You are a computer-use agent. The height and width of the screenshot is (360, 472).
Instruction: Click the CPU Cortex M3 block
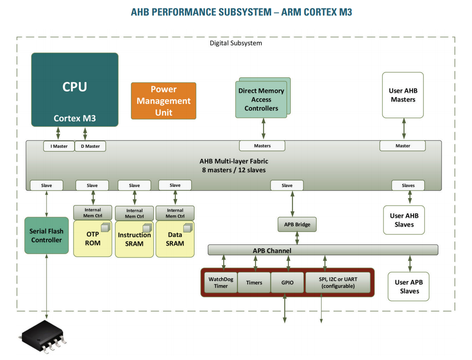click(x=75, y=90)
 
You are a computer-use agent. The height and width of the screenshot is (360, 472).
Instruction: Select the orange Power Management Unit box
click(x=163, y=101)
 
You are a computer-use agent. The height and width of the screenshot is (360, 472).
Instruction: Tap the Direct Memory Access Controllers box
click(x=261, y=99)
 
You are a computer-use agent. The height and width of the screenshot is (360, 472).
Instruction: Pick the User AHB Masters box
click(x=403, y=95)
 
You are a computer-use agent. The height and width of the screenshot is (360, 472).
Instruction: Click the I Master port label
click(x=59, y=146)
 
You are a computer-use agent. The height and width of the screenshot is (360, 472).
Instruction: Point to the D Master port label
click(x=90, y=146)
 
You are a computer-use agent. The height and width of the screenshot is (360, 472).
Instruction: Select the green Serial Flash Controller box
click(x=46, y=236)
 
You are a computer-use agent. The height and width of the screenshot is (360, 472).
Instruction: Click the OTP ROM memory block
click(x=93, y=238)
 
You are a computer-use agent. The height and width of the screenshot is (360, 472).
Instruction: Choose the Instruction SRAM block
click(x=134, y=239)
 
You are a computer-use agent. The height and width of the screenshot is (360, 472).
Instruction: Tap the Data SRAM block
click(x=175, y=239)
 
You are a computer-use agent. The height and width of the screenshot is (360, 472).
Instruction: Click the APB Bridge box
click(x=297, y=225)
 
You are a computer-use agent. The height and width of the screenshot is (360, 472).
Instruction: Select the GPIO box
click(x=287, y=283)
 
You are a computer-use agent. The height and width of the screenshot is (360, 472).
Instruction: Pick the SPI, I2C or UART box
click(x=338, y=283)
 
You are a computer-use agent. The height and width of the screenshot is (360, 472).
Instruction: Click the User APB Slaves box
click(x=409, y=286)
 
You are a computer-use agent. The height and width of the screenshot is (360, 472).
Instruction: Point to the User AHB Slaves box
click(x=404, y=220)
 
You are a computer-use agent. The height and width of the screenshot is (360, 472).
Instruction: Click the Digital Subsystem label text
click(x=236, y=43)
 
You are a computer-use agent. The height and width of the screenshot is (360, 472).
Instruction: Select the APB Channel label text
click(x=272, y=251)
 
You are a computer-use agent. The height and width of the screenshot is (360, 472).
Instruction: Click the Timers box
click(x=254, y=283)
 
